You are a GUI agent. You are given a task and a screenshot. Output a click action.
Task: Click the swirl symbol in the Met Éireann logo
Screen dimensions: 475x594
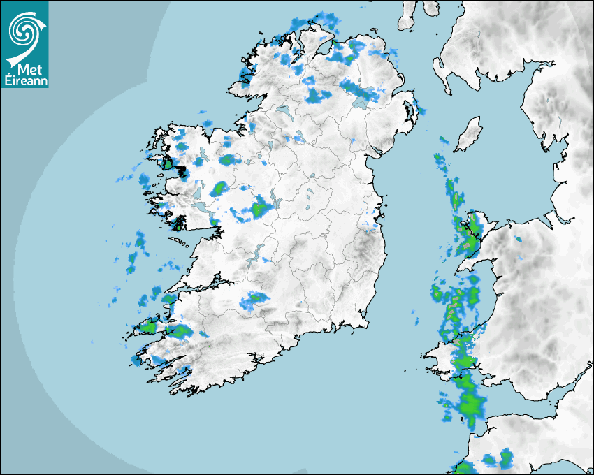pyautogui.click(x=23, y=29)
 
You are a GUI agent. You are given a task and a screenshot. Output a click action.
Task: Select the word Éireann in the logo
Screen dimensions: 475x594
pyautogui.click(x=24, y=80)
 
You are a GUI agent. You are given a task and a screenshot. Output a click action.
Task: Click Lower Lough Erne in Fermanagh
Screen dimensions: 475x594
pyautogui.click(x=284, y=111)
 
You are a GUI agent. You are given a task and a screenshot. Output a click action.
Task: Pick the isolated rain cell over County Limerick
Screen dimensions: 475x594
pyautogui.click(x=252, y=300)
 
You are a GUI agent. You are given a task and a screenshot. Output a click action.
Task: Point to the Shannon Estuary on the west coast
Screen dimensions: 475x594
pyautogui.click(x=203, y=286)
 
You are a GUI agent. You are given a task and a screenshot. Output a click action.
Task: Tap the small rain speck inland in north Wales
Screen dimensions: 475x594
pyautogui.click(x=518, y=240)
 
